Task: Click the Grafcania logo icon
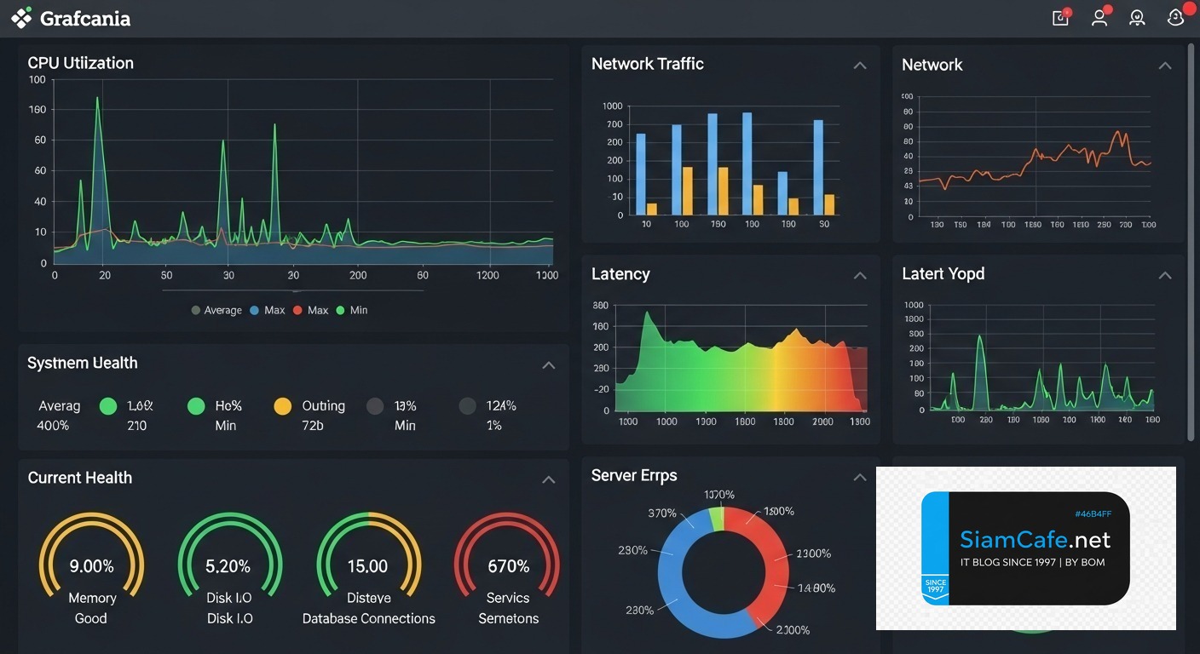[x=21, y=18]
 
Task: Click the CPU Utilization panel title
[x=80, y=63]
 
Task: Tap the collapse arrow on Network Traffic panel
[x=860, y=66]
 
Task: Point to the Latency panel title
[x=620, y=274]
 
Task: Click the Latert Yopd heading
[x=943, y=274]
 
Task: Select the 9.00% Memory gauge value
[x=91, y=566]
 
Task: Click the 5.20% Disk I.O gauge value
[x=228, y=566]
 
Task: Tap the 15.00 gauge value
[x=367, y=566]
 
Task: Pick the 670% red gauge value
[x=508, y=566]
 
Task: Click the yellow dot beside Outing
[x=282, y=407]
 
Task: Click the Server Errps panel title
[x=634, y=476]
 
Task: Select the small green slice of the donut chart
[x=717, y=519]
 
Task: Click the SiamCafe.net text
[x=1035, y=540]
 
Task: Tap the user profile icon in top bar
[x=1099, y=18]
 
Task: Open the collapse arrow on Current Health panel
[x=549, y=480]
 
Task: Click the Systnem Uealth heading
[x=82, y=364]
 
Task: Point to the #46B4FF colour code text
[x=1093, y=514]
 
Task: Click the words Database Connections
[x=368, y=619]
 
